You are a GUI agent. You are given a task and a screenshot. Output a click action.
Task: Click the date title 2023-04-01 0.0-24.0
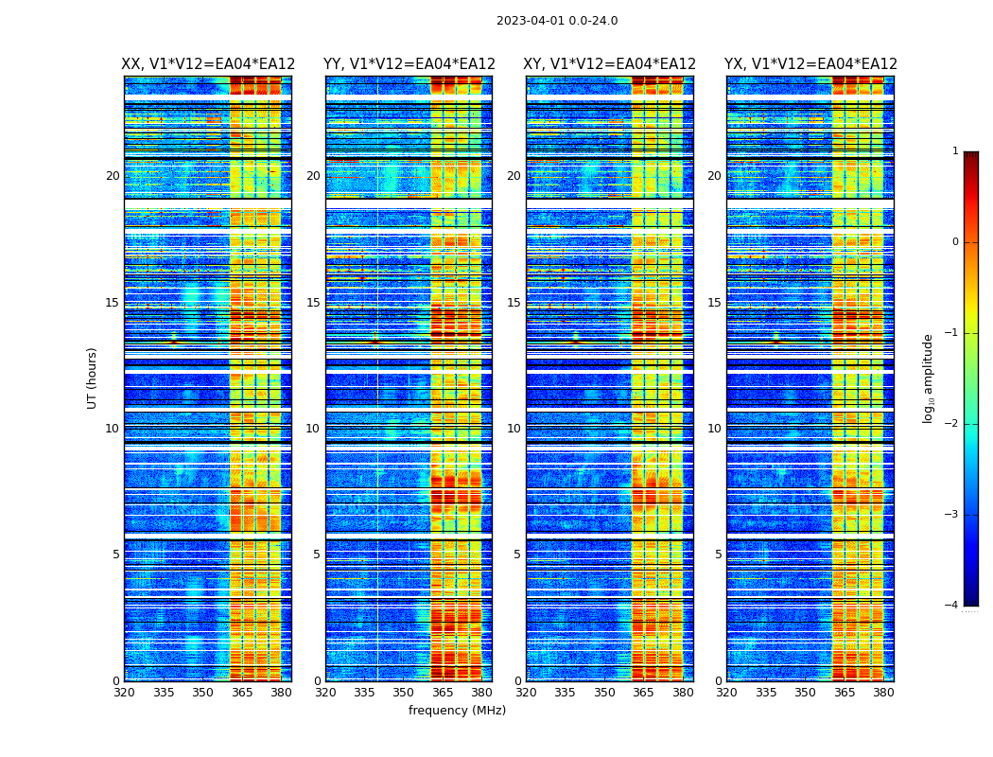click(x=557, y=21)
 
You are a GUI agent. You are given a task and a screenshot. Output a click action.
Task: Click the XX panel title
click(x=208, y=64)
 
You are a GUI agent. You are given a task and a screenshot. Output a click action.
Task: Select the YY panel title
click(x=409, y=64)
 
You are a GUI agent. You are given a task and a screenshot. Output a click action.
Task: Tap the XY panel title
click(x=610, y=64)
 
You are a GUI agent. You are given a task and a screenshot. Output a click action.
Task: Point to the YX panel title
click(x=810, y=64)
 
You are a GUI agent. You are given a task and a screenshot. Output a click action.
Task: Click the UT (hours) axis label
click(x=93, y=378)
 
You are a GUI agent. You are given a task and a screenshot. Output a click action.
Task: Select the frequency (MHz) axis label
click(x=457, y=711)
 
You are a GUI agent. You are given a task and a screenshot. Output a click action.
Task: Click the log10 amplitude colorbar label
click(x=929, y=378)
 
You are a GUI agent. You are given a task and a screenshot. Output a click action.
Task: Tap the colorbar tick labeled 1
click(x=955, y=151)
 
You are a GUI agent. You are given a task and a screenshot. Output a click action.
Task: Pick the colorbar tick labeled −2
click(x=953, y=424)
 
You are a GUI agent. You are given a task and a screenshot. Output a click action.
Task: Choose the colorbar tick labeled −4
click(x=953, y=606)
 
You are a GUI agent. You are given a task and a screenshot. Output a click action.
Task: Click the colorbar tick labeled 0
click(x=955, y=242)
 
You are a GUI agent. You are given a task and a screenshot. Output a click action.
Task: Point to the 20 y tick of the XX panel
click(x=113, y=176)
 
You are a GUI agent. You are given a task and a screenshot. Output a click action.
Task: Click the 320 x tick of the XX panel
click(x=125, y=693)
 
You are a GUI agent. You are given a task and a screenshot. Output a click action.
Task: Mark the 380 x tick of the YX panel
click(x=883, y=693)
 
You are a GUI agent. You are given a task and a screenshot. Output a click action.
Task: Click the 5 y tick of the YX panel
click(x=718, y=555)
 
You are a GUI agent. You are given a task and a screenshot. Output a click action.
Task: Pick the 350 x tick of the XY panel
click(x=603, y=693)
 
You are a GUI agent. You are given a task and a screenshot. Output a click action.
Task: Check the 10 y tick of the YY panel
click(x=313, y=429)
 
